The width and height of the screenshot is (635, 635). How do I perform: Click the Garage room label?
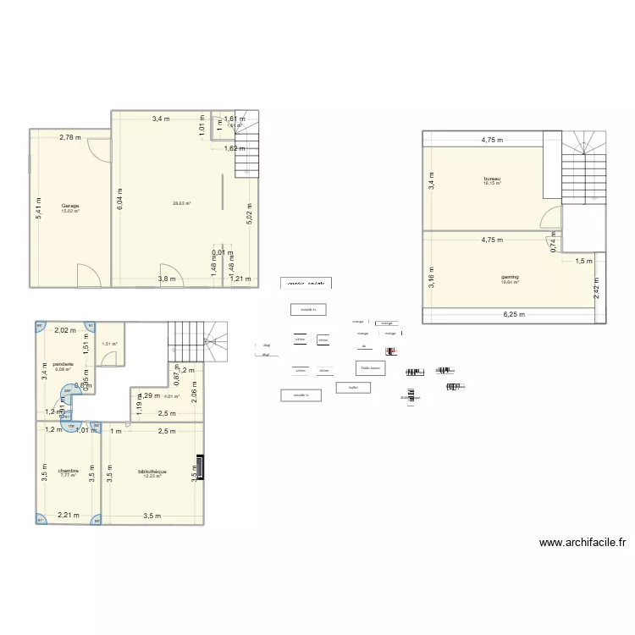[x=69, y=206]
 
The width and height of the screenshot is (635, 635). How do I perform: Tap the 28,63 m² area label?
[x=181, y=203]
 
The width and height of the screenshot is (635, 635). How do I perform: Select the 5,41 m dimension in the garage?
[x=37, y=203]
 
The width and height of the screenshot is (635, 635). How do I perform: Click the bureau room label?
[x=492, y=179]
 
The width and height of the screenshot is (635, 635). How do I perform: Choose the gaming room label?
[x=510, y=277]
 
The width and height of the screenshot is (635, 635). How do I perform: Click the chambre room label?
[x=69, y=471]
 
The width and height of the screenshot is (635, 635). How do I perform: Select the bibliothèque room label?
[x=152, y=472]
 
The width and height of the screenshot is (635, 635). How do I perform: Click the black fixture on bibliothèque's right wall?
[x=200, y=467]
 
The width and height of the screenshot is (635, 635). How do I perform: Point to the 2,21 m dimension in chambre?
[x=68, y=515]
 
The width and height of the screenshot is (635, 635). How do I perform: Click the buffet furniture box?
[x=347, y=388]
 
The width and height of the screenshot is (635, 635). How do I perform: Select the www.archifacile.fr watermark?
[x=582, y=544]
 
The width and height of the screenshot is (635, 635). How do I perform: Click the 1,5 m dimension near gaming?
[x=584, y=262]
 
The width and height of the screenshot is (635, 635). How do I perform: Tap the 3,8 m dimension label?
[x=166, y=279]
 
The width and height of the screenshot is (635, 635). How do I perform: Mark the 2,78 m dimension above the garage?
[x=70, y=137]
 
